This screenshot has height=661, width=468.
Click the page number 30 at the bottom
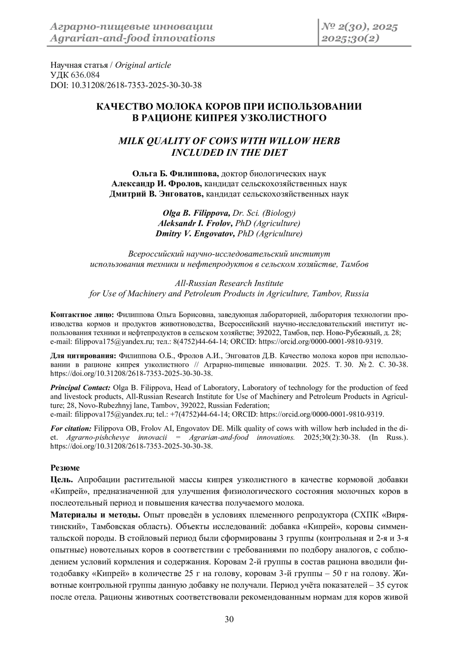[x=229, y=620]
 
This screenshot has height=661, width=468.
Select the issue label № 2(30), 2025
[x=359, y=27]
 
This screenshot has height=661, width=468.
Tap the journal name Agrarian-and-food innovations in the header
[x=131, y=38]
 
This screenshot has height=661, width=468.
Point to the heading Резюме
[x=65, y=468]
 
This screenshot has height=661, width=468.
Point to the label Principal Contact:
[x=81, y=388]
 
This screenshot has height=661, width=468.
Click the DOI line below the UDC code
[x=126, y=85]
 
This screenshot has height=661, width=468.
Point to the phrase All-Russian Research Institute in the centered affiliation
[x=229, y=283]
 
